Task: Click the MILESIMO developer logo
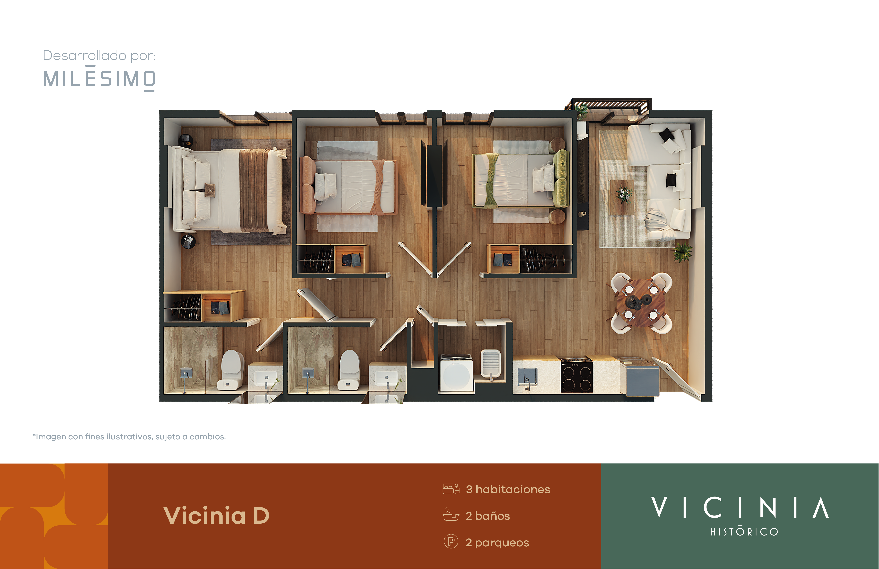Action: click(x=99, y=78)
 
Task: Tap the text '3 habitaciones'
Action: click(x=508, y=489)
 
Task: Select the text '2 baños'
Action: click(x=488, y=516)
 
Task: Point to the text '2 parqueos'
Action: click(x=497, y=542)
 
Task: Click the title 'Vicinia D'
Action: click(x=216, y=515)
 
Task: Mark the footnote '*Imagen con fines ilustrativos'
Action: click(x=129, y=436)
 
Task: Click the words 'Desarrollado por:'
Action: click(x=99, y=55)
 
